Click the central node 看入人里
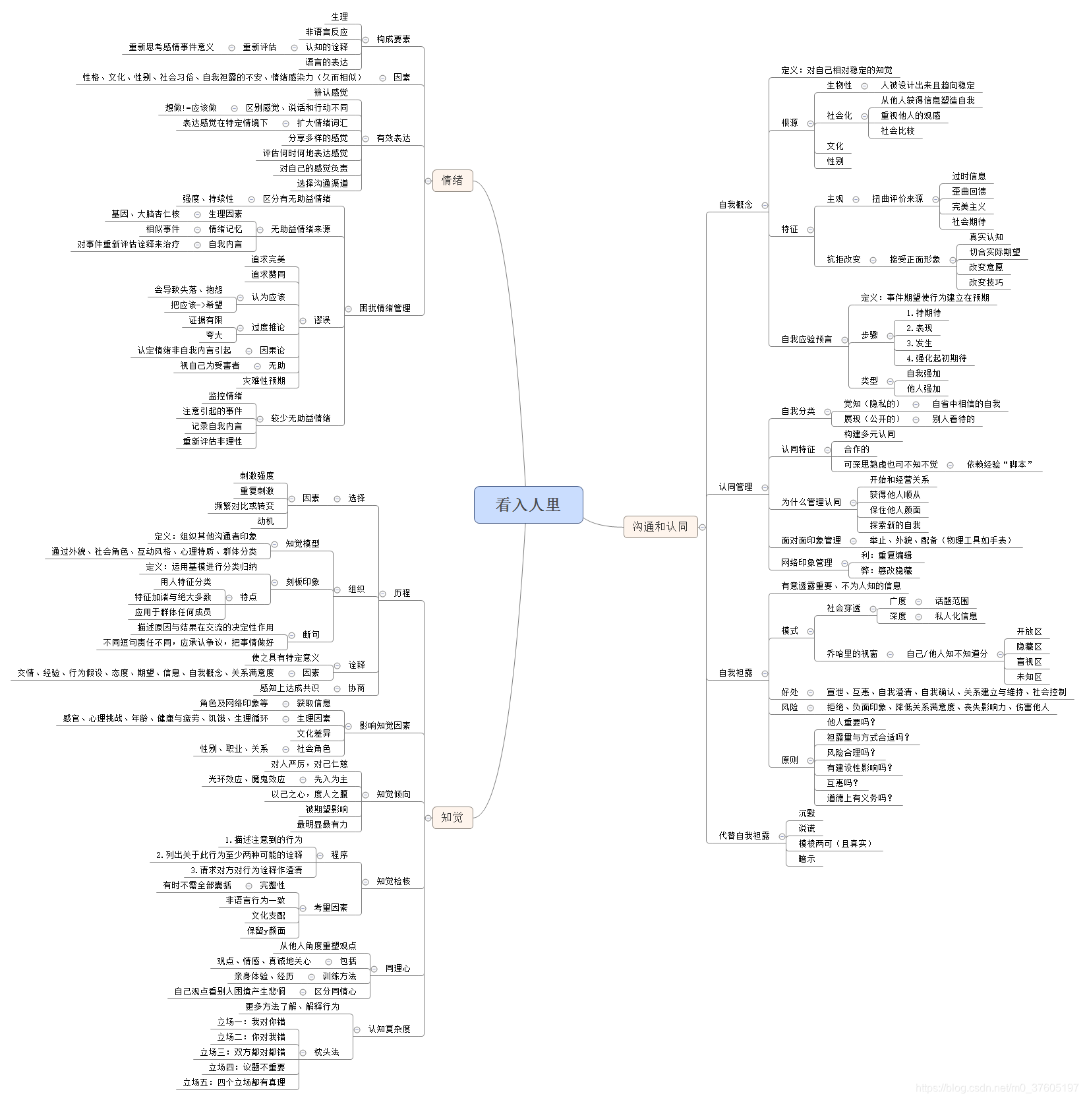tap(528, 504)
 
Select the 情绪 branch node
tap(452, 180)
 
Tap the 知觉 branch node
tap(452, 817)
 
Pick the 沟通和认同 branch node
tap(660, 526)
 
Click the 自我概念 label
tap(735, 205)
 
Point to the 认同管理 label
tap(735, 487)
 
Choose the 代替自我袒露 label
tap(744, 836)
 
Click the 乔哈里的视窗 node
tap(852, 654)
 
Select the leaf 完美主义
tap(968, 207)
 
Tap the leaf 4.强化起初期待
tap(936, 359)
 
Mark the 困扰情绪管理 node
tap(384, 308)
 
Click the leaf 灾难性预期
tap(264, 381)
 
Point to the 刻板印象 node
tap(303, 582)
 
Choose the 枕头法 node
tap(326, 1052)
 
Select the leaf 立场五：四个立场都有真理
tap(234, 1082)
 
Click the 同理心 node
tap(397, 968)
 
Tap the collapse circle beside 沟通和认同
tap(703, 527)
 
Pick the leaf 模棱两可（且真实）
tap(835, 843)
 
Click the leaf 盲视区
tap(1028, 661)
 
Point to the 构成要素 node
tap(393, 39)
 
